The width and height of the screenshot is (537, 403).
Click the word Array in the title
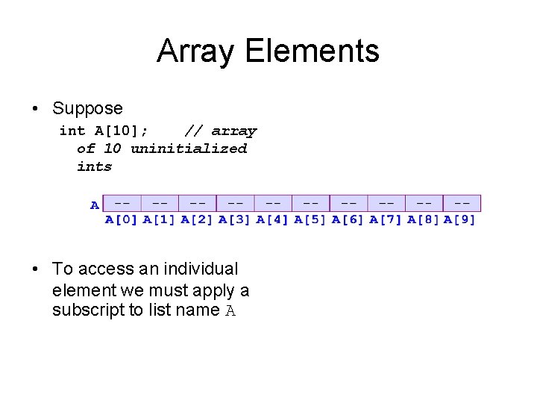196,51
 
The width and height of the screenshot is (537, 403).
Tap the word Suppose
87,109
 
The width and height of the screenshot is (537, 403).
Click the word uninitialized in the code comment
189,149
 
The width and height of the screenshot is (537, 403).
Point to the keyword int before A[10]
72,131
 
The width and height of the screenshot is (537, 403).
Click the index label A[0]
122,219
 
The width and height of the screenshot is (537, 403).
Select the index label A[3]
235,219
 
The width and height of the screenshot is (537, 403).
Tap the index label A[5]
310,219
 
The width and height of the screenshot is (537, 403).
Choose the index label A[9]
459,219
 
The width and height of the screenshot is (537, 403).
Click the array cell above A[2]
198,203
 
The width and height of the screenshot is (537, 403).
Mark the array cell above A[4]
273,203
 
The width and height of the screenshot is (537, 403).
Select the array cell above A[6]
348,203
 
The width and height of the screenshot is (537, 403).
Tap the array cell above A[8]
424,203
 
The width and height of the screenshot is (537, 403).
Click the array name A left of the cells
95,204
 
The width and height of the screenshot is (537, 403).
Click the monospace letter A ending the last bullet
230,311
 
